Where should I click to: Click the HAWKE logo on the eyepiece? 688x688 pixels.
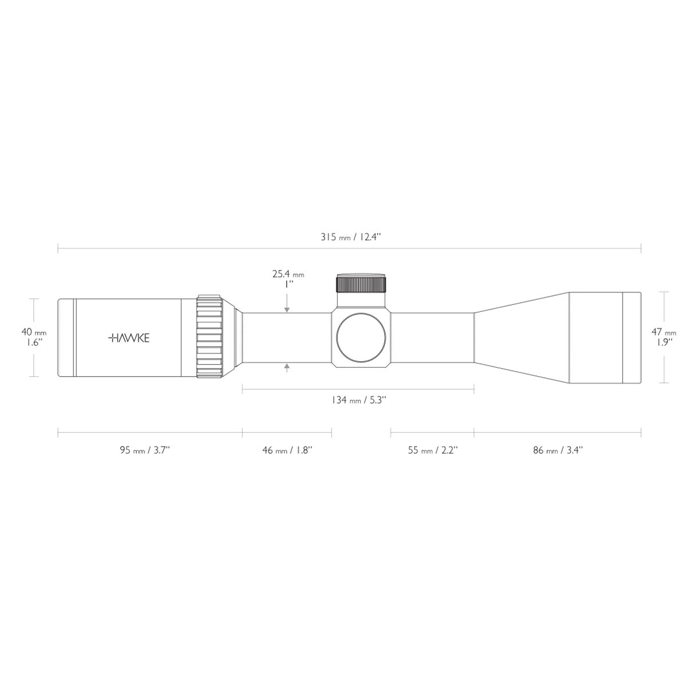click(128, 338)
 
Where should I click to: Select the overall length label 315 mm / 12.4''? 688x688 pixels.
click(351, 237)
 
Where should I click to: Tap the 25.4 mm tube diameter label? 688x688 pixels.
click(288, 274)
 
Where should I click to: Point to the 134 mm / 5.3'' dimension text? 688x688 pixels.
click(359, 400)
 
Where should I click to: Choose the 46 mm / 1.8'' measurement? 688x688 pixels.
click(287, 450)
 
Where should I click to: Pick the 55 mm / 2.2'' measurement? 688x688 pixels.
click(433, 450)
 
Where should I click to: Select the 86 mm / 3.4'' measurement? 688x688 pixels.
click(558, 450)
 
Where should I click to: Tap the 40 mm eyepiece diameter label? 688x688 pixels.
click(34, 332)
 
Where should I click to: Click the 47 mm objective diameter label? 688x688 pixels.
click(664, 332)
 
